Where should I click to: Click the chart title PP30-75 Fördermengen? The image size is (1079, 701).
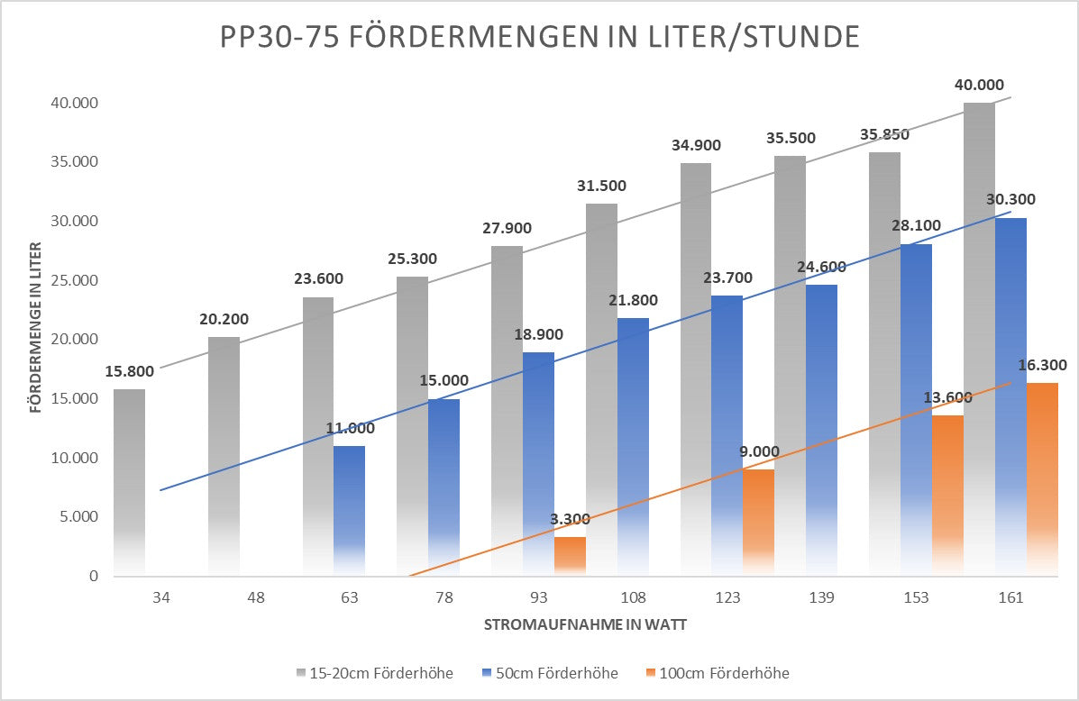540,37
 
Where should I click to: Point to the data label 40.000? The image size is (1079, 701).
979,85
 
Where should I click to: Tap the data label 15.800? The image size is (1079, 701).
128,370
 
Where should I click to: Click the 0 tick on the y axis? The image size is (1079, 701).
93,576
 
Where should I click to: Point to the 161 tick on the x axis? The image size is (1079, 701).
1010,598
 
